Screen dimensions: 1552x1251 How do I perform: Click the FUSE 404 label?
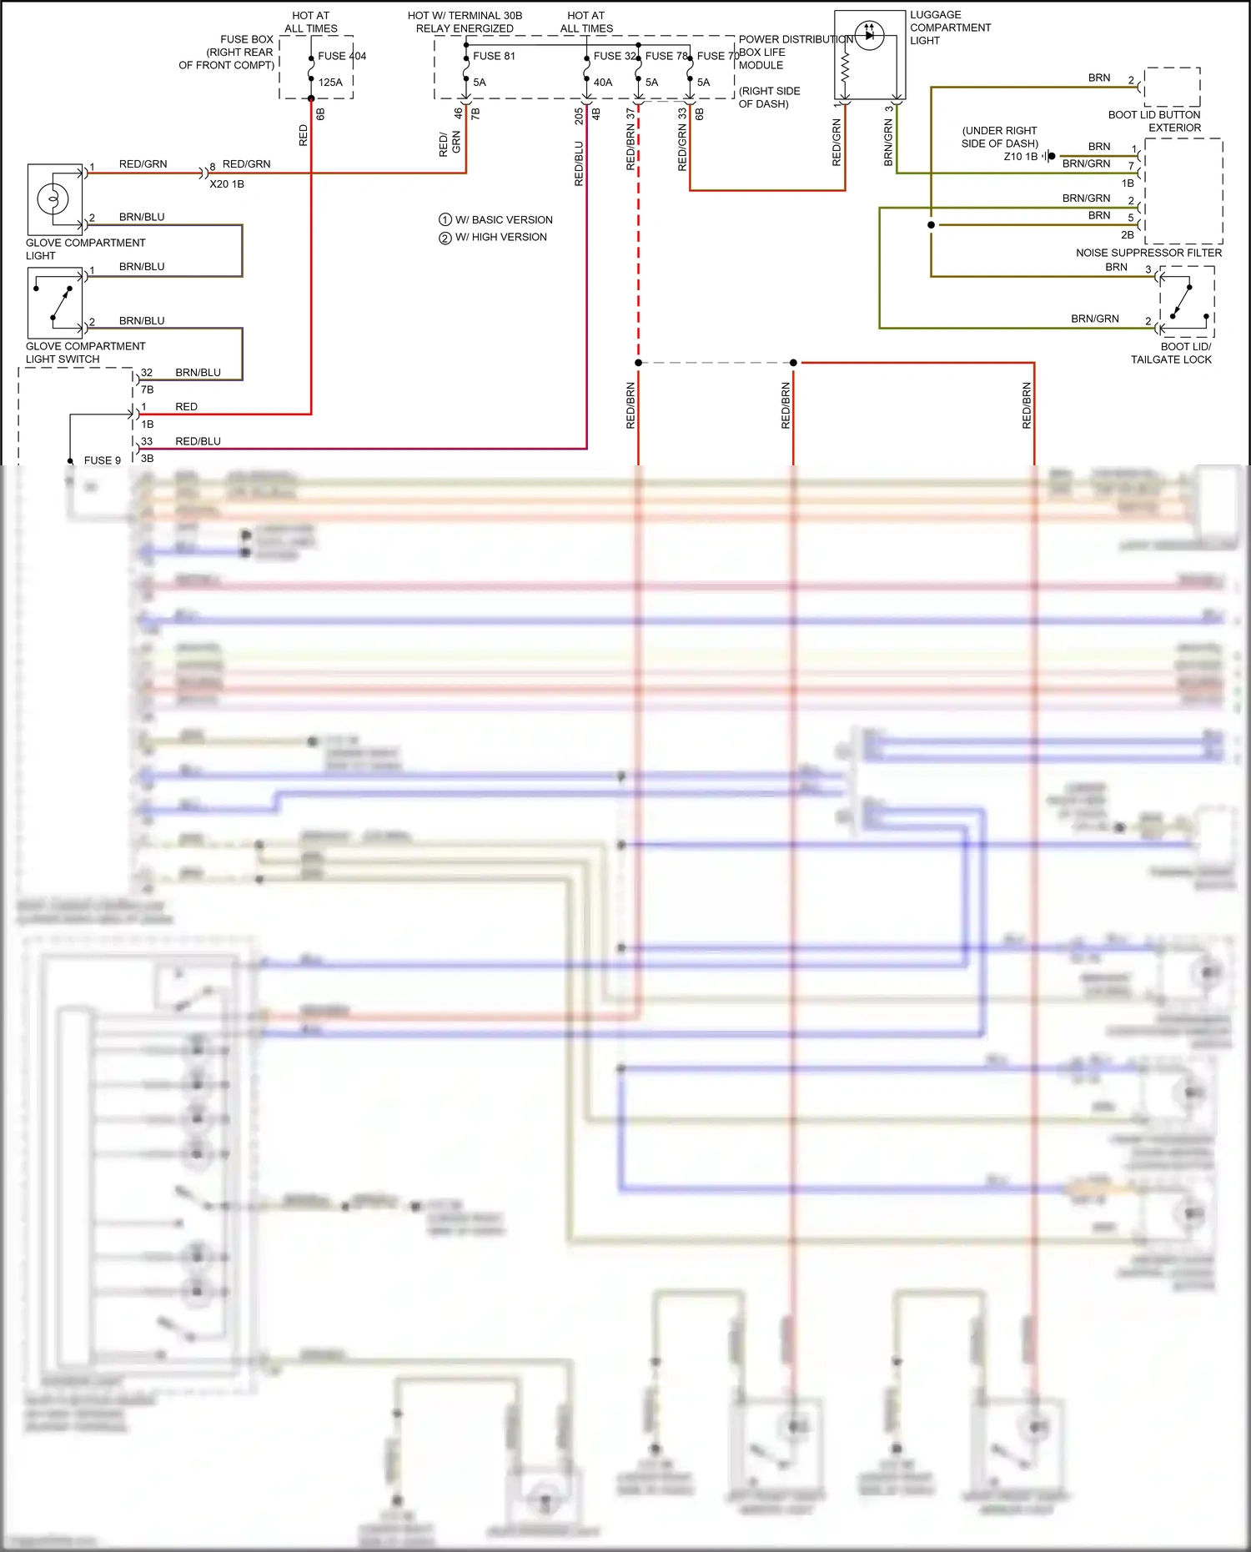pyautogui.click(x=341, y=56)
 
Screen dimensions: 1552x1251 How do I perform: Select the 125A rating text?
pyautogui.click(x=330, y=83)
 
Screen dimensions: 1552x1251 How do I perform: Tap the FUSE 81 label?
pyautogui.click(x=494, y=56)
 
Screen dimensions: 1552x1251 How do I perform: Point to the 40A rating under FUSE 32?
pyautogui.click(x=602, y=83)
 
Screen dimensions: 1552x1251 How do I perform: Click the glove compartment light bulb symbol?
pyautogui.click(x=53, y=199)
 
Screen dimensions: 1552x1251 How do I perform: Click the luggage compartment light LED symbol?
pyautogui.click(x=869, y=35)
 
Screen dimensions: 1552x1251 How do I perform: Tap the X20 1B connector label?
pyautogui.click(x=227, y=184)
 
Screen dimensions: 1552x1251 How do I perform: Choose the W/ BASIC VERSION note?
pyautogui.click(x=495, y=220)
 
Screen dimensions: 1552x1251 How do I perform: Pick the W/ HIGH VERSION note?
pyautogui.click(x=493, y=238)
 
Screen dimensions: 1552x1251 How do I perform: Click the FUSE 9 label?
pyautogui.click(x=102, y=460)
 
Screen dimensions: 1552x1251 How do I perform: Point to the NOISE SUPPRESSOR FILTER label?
pyautogui.click(x=1148, y=253)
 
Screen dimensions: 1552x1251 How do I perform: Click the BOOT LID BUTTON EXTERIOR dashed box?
pyautogui.click(x=1172, y=87)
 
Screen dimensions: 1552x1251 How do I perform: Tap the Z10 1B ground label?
pyautogui.click(x=1021, y=157)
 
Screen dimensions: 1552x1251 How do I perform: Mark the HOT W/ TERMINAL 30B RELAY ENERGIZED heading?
pyautogui.click(x=465, y=22)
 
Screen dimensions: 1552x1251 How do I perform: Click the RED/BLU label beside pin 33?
pyautogui.click(x=198, y=441)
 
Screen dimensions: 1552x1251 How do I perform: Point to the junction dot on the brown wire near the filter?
pyautogui.click(x=931, y=225)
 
